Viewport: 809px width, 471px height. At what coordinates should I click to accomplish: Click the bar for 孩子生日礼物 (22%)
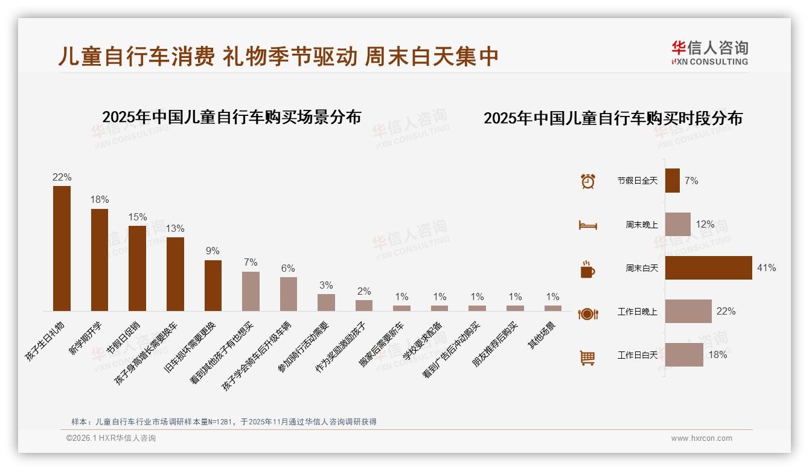62,248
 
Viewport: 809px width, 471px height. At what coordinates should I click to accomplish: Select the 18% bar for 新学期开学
100,260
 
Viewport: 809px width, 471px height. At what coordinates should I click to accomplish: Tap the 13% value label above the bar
175,229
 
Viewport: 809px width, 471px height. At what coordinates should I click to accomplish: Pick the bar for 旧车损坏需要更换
213,285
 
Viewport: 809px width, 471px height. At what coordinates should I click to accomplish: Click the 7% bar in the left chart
251,291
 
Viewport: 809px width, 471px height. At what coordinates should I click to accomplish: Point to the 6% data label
288,268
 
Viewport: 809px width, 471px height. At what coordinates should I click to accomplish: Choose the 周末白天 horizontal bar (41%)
708,268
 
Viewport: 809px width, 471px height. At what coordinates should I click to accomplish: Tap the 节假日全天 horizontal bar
672,181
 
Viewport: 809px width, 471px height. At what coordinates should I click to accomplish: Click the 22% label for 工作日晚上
726,311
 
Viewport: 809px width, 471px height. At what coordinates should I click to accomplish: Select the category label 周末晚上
641,225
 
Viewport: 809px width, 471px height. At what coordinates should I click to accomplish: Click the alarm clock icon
587,181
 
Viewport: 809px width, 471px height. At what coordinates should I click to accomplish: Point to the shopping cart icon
587,357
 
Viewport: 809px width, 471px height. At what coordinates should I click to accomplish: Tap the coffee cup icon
587,269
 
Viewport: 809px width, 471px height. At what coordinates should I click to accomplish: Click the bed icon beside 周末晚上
587,225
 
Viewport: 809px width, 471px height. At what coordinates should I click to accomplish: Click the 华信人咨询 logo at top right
709,53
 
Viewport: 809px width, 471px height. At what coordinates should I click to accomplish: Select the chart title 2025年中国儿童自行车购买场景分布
231,117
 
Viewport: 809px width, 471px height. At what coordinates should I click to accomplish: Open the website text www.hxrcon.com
702,438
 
